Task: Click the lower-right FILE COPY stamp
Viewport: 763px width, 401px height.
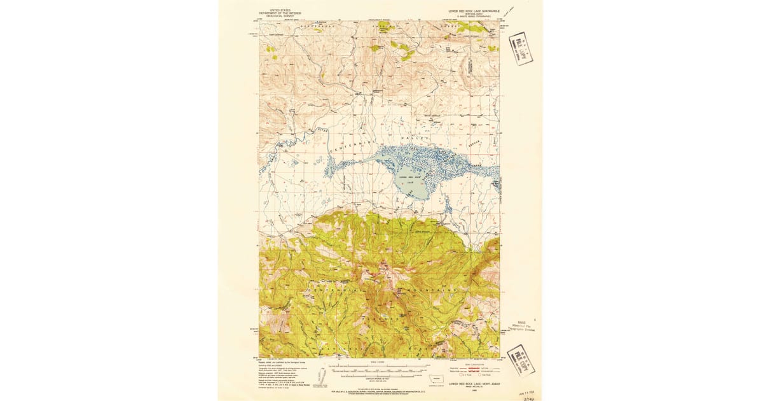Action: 519,360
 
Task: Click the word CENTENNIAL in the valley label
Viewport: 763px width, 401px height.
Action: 347,146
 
